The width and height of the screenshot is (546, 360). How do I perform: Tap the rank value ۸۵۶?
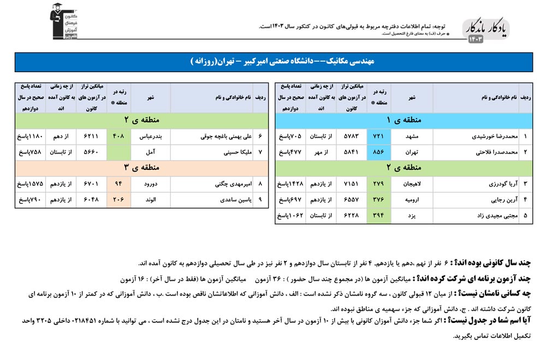[x=379, y=152]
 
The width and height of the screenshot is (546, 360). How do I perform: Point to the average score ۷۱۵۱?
[x=351, y=185]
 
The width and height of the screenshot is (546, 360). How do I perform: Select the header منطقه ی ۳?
[x=141, y=167]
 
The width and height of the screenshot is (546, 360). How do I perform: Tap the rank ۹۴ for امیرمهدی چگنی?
[x=118, y=184]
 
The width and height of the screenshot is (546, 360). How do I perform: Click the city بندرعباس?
[x=150, y=136]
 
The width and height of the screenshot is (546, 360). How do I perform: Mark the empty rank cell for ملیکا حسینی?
[x=118, y=152]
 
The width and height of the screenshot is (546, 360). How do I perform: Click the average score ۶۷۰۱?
[x=91, y=184]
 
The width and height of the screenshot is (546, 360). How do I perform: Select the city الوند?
[x=150, y=200]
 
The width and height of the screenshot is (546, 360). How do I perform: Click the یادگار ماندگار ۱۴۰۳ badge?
[x=486, y=31]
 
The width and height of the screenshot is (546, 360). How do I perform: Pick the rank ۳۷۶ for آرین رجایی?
[x=379, y=200]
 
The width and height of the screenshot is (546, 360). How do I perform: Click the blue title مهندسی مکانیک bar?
[x=272, y=62]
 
